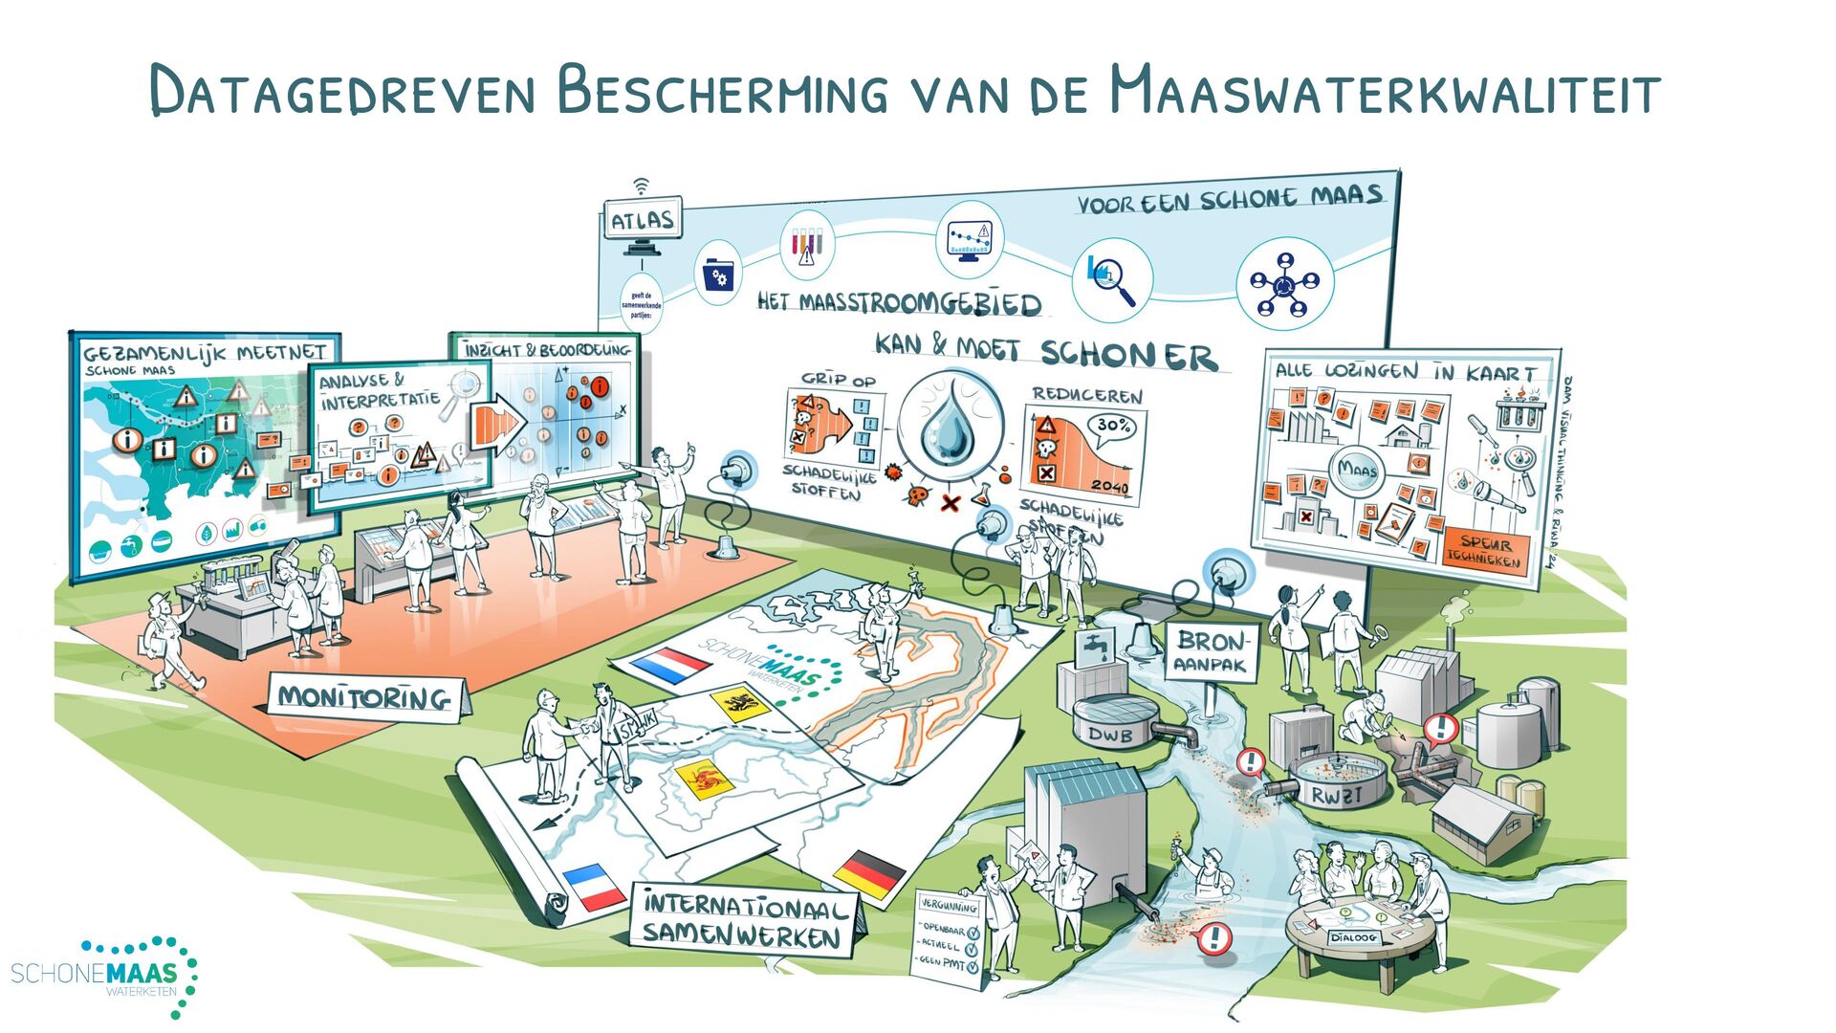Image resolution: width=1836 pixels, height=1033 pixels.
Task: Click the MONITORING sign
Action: coord(364,697)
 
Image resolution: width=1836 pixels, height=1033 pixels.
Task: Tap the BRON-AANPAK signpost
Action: coord(1212,651)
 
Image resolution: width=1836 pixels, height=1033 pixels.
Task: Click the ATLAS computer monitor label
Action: coord(643,220)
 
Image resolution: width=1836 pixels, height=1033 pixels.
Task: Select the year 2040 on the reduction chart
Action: coord(1109,486)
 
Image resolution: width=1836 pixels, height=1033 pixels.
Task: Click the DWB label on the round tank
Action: coord(1110,735)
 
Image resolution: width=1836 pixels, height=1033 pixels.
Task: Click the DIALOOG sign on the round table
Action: coord(1352,937)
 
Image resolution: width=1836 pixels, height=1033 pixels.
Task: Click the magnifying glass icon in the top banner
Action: coord(1110,277)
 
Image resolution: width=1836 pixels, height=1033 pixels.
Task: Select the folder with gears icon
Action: coord(717,275)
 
